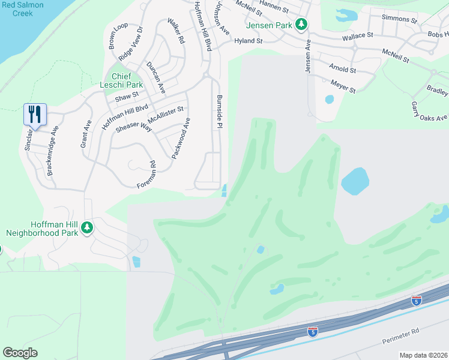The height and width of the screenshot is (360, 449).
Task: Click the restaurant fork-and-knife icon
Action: pos(35,113)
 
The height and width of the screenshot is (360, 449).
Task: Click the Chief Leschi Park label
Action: pos(118,80)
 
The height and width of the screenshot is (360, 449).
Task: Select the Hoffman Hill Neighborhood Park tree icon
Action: pos(87,227)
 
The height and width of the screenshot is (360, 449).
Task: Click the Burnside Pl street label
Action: pos(219,112)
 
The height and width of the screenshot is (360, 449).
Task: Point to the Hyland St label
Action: pos(249,41)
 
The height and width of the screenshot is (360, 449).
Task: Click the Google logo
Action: pos(20,353)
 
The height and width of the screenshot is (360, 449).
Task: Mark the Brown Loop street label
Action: pos(115,36)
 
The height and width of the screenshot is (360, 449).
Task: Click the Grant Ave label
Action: pos(85,134)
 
